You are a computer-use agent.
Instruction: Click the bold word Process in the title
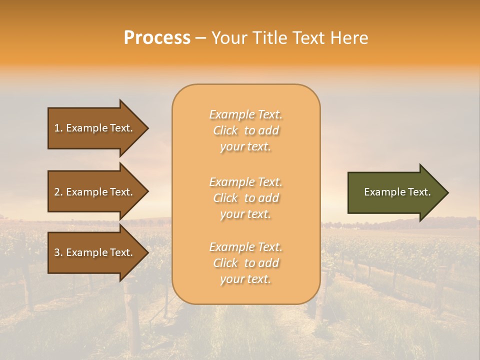pyautogui.click(x=157, y=38)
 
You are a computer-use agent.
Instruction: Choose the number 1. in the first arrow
pyautogui.click(x=58, y=128)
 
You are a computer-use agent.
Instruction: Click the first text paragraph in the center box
pyautogui.click(x=245, y=130)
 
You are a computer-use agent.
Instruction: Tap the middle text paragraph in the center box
pyautogui.click(x=245, y=198)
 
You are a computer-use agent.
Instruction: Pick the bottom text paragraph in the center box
pyautogui.click(x=245, y=263)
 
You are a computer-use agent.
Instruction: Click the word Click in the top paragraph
pyautogui.click(x=225, y=130)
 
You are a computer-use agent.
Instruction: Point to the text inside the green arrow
pyautogui.click(x=397, y=192)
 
